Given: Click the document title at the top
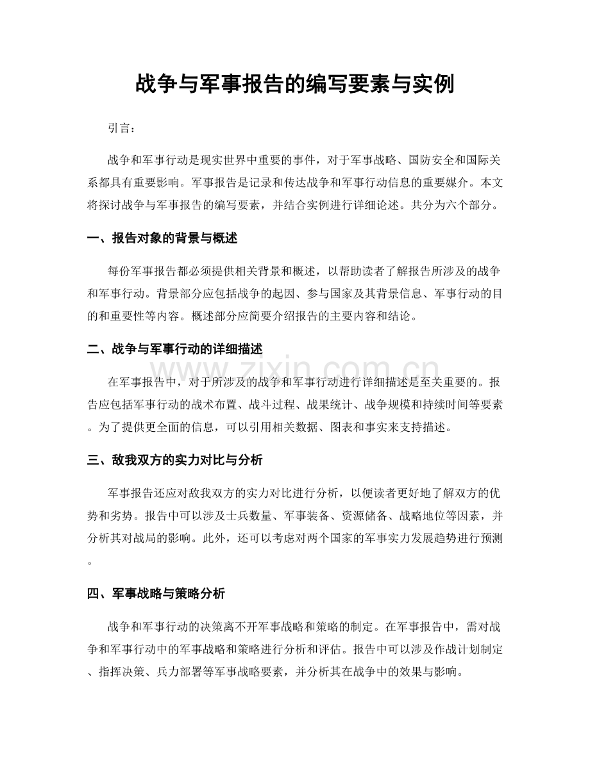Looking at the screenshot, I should click(295, 84).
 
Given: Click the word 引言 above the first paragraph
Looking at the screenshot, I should click(119, 128).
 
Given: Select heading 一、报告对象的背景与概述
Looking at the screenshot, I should click(162, 238).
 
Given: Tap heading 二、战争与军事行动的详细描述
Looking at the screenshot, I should click(174, 349).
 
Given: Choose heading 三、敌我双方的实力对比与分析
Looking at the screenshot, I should click(174, 460).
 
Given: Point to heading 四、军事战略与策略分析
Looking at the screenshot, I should click(155, 594).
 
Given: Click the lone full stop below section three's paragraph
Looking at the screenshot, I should click(89, 562).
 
